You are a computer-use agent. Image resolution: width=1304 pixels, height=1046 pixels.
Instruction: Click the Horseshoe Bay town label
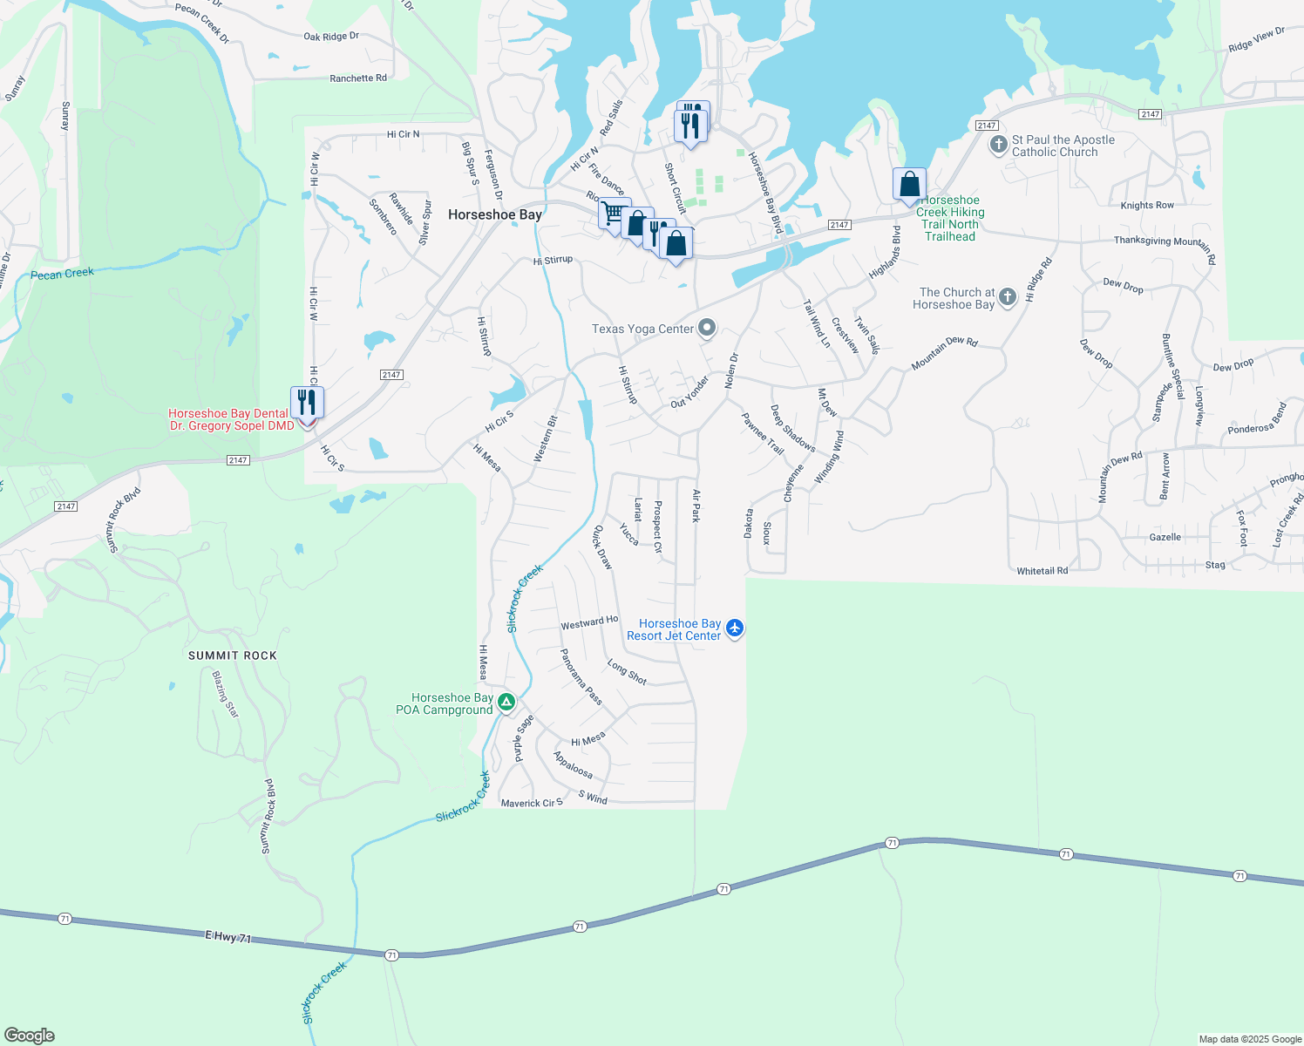(494, 214)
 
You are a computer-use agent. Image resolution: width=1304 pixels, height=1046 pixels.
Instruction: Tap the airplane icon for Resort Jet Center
(735, 628)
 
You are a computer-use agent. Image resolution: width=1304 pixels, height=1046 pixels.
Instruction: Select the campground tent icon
(506, 702)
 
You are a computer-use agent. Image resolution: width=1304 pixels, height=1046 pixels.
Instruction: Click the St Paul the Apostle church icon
(999, 145)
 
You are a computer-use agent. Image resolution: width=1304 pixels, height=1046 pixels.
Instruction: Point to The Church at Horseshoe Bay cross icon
(1008, 297)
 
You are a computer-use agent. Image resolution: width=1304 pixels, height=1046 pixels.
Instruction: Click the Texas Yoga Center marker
(707, 329)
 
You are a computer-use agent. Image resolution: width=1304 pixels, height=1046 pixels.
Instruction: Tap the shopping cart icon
(614, 213)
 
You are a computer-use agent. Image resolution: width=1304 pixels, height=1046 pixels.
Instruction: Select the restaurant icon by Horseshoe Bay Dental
(307, 402)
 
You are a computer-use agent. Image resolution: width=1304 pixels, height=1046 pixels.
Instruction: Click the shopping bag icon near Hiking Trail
(909, 184)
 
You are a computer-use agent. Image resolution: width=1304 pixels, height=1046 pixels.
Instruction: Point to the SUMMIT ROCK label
(233, 655)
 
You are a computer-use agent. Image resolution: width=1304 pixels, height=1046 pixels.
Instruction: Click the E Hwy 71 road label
(228, 937)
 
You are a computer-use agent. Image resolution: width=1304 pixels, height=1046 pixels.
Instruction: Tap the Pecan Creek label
(62, 274)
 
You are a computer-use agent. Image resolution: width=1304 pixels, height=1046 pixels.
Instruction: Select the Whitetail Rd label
(1042, 571)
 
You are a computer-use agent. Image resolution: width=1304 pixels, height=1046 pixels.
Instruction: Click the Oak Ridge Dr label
(331, 37)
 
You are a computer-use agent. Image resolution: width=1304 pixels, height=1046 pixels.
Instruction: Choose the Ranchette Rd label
(358, 78)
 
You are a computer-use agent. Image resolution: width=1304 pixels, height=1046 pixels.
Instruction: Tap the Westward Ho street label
(589, 622)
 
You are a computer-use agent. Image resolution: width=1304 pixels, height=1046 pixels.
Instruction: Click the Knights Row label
(1147, 206)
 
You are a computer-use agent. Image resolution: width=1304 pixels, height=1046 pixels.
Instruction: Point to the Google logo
(30, 1035)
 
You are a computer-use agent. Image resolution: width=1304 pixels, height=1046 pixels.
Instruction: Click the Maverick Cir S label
(532, 803)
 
